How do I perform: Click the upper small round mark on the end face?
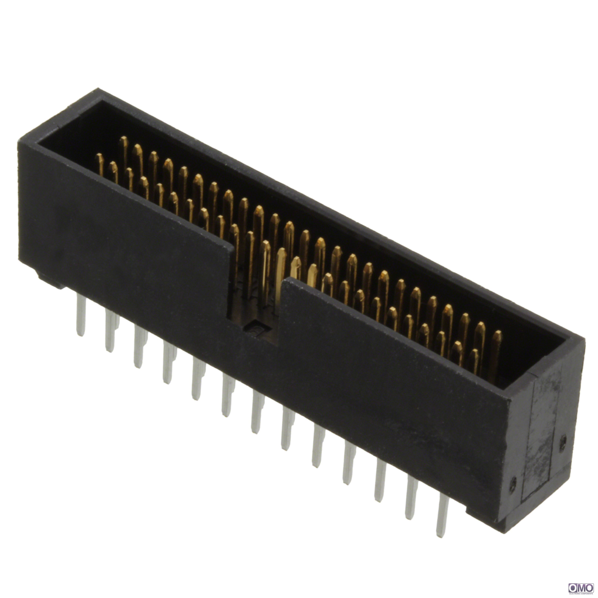point(563,440)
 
